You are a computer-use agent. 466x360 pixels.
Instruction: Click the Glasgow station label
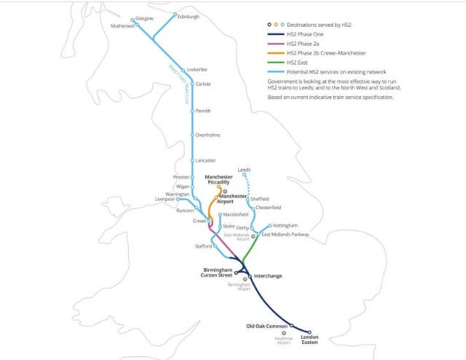coord(145,17)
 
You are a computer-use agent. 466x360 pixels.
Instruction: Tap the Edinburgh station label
coord(189,16)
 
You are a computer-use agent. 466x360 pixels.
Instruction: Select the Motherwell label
coord(123,26)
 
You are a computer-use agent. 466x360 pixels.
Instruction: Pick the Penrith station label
coord(203,111)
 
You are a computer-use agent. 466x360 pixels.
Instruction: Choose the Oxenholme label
coord(208,135)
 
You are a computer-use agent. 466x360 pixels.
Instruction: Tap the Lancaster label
coord(205,160)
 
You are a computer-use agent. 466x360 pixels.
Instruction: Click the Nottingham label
coord(287,226)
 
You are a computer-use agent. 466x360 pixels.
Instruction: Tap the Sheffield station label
coord(260,198)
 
